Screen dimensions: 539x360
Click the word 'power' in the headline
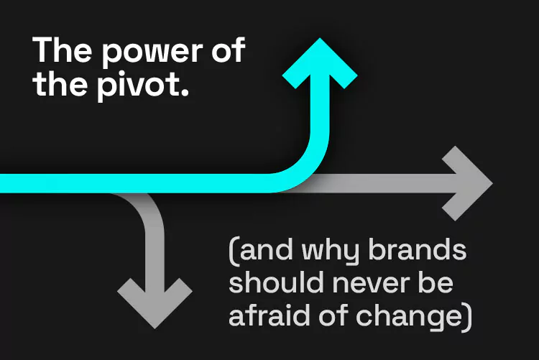(153, 54)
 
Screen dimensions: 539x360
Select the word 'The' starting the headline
(63, 50)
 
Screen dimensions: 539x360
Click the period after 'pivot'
(185, 93)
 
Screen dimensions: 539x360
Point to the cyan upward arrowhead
(320, 63)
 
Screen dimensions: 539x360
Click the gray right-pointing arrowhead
(468, 183)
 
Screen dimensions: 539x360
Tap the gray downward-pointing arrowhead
(155, 303)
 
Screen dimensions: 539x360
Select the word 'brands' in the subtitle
(417, 249)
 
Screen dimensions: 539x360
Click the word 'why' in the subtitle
(330, 252)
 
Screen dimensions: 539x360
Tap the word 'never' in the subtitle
(371, 285)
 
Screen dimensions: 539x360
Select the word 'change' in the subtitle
(409, 318)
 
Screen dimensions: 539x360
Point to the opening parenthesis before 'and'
(234, 252)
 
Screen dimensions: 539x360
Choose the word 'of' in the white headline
(228, 50)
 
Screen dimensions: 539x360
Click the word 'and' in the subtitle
(267, 249)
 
